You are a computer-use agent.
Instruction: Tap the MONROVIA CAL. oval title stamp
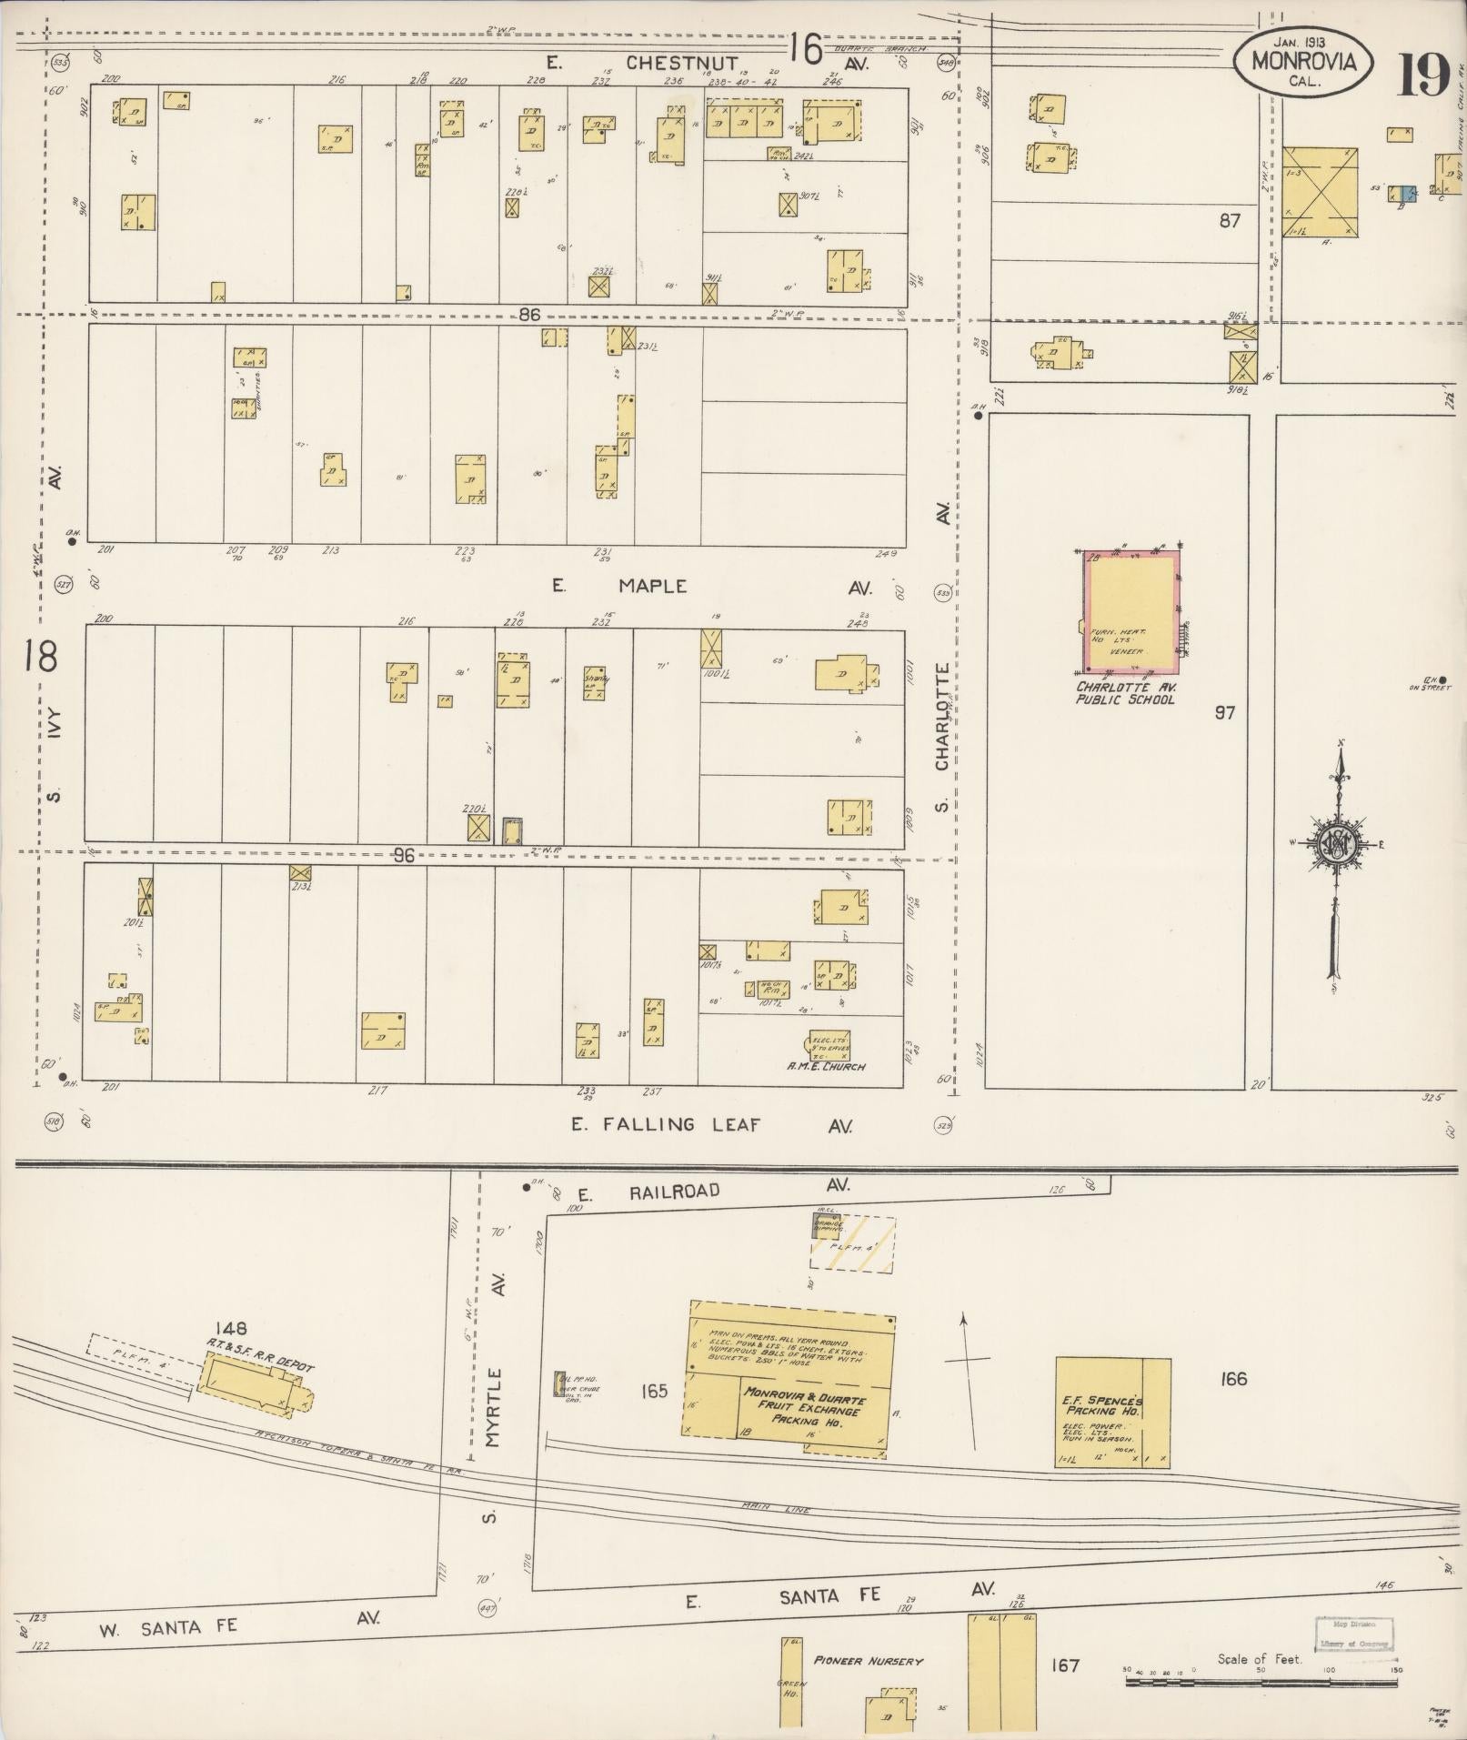1303,62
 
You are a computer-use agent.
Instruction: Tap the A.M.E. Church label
827,1066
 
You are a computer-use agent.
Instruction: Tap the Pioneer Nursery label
868,1661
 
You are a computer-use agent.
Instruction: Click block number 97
1224,712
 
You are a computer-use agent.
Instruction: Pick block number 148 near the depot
232,1329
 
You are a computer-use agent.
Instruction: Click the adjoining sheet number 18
40,656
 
